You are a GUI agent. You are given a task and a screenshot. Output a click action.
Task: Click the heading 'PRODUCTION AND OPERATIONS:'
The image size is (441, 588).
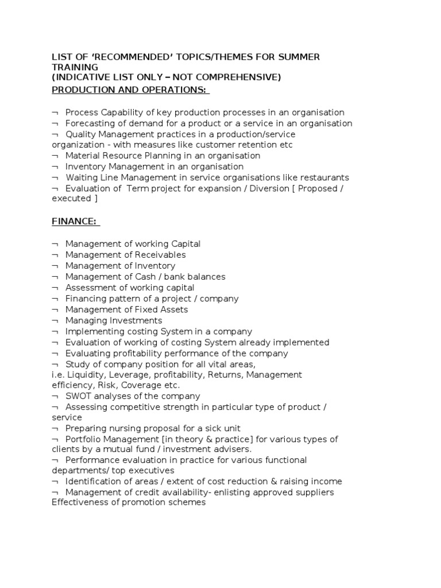pos(130,90)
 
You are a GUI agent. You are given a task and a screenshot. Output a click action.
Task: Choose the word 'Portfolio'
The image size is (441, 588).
pos(84,439)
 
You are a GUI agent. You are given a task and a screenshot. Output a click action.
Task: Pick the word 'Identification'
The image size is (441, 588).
pos(94,481)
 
